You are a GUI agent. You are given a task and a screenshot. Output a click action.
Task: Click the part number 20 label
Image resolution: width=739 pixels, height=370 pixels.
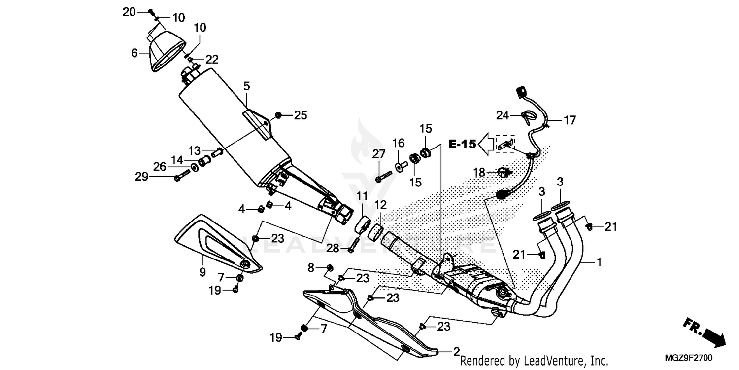point(129,12)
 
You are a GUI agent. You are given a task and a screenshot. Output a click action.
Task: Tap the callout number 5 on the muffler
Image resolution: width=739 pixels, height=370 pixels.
point(246,86)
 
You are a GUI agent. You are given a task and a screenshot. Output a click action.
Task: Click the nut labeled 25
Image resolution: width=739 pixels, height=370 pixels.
point(279,115)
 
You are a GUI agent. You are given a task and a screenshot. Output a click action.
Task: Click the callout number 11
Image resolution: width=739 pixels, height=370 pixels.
point(362,196)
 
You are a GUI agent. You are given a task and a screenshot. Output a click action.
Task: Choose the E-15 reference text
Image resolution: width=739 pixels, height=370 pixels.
point(462,144)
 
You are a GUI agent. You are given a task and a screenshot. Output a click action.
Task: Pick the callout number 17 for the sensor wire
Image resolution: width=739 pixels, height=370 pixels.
point(570,120)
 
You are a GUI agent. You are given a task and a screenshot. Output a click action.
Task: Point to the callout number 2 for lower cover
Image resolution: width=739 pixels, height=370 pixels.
point(456,352)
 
